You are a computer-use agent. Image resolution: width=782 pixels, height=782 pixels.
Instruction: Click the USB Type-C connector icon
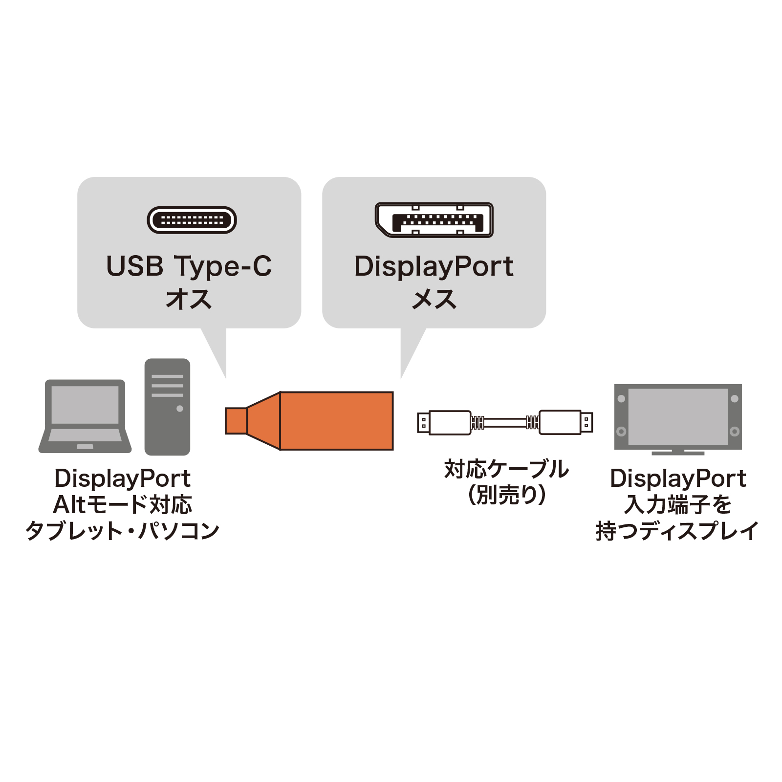click(192, 220)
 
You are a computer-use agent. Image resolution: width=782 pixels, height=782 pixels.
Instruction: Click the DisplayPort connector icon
click(434, 220)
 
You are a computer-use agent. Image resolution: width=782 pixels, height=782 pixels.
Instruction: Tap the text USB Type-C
click(189, 266)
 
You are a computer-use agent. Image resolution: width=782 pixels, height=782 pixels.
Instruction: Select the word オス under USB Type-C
click(189, 299)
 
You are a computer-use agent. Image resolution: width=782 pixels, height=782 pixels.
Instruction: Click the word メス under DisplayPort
click(434, 299)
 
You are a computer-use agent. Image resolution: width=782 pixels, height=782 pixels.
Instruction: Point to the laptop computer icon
click(85, 415)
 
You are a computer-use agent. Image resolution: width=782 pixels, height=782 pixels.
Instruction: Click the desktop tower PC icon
click(167, 407)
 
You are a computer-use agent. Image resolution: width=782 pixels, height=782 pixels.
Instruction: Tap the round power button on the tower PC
click(180, 409)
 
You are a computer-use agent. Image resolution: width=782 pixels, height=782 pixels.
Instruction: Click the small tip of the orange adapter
click(236, 421)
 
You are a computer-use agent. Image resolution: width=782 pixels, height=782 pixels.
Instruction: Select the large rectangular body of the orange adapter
click(336, 421)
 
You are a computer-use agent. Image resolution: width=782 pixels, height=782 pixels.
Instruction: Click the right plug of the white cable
click(562, 423)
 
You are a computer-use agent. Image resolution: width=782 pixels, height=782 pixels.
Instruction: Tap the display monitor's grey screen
click(678, 416)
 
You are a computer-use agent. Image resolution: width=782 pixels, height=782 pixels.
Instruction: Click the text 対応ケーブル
click(506, 469)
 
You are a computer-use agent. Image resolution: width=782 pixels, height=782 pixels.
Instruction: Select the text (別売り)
click(506, 495)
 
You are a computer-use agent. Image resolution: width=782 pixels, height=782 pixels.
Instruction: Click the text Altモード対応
click(122, 504)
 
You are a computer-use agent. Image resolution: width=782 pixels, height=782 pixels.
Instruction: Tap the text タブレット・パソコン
click(122, 531)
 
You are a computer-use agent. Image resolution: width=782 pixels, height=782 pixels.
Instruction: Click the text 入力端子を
click(677, 504)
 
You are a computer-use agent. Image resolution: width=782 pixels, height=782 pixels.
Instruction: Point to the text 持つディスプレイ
click(677, 531)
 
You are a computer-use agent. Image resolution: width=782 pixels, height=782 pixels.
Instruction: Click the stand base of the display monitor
click(678, 453)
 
